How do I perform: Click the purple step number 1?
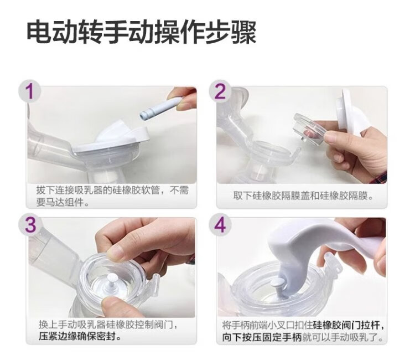coord(30,91)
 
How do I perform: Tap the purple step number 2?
coord(220,91)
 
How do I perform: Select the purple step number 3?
coord(30,225)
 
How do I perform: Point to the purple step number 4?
coord(220,225)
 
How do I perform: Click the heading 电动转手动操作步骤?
coord(142,33)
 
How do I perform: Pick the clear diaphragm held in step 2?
coord(310,129)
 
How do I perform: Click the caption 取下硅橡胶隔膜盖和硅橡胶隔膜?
coord(300,196)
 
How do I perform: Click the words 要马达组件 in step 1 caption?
coord(60,203)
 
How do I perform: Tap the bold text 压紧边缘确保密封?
coord(77,337)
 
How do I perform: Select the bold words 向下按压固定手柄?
coord(262,337)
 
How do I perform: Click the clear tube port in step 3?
coord(156,284)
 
